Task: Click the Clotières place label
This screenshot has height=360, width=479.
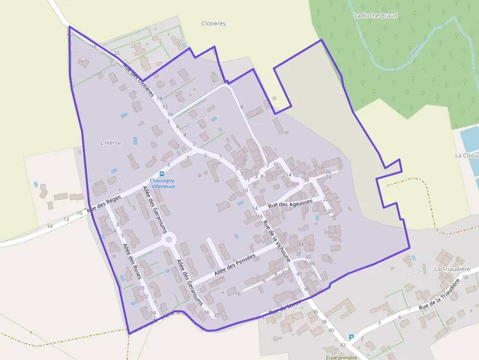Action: [x=214, y=23]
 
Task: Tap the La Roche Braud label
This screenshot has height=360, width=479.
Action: [x=375, y=16]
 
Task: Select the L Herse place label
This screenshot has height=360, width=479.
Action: [x=110, y=143]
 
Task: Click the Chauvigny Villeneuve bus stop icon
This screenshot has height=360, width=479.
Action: [x=161, y=173]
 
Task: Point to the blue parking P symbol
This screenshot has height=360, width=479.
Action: [x=351, y=337]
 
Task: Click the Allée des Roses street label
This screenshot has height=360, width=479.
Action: [x=132, y=261]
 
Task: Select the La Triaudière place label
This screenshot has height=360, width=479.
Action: [x=452, y=269]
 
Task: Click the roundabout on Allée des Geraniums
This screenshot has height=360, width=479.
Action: [x=169, y=239]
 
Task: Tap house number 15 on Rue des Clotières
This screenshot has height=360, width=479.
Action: [x=94, y=47]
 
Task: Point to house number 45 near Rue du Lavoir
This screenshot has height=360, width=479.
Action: [x=307, y=289]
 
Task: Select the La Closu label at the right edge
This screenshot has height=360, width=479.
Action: [x=466, y=155]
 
